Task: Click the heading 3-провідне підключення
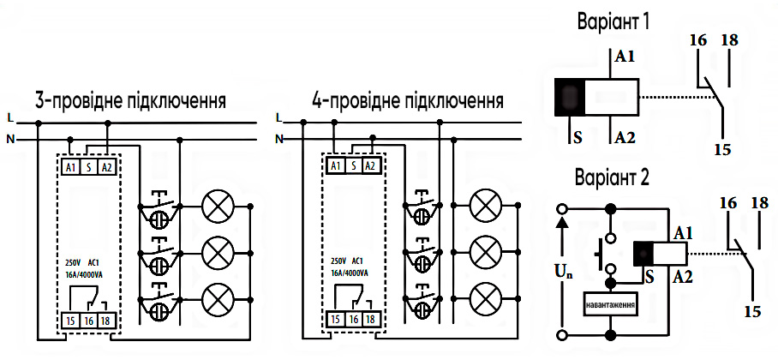point(130,100)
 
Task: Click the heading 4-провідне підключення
point(407,100)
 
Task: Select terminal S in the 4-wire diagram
point(353,166)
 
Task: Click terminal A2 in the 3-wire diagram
point(106,166)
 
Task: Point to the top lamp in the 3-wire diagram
point(216,206)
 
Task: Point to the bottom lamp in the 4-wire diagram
point(487,297)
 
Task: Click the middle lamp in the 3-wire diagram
point(216,252)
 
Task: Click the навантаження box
point(609,304)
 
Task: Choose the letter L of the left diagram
point(9,117)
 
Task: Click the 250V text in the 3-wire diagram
point(74,261)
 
